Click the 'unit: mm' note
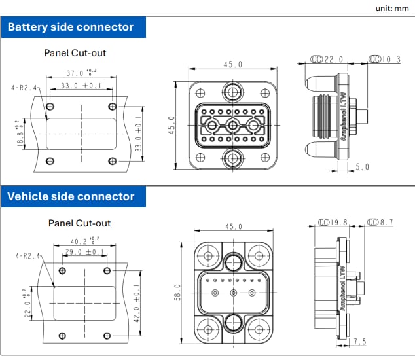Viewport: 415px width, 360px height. tap(391, 9)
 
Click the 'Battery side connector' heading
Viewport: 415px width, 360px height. tap(70, 27)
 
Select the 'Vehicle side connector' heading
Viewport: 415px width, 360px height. tap(71, 196)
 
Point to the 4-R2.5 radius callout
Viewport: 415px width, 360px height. tap(24, 87)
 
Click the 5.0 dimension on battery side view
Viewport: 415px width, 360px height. tap(362, 167)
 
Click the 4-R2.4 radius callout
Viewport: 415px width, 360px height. tap(26, 257)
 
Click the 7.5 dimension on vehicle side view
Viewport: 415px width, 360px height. tap(360, 342)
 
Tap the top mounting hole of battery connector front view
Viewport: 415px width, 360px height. tap(233, 90)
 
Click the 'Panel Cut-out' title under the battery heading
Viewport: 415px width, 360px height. tap(75, 52)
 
